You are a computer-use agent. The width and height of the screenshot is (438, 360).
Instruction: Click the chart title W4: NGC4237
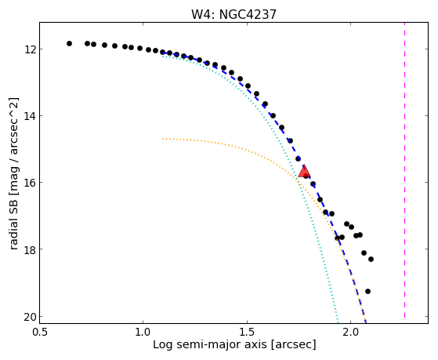click(x=233, y=14)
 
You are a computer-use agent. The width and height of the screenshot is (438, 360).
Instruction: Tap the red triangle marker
click(x=304, y=171)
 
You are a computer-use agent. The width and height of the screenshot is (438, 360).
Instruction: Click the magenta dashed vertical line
click(x=404, y=170)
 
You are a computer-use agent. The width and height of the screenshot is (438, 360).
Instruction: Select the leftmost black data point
click(x=69, y=43)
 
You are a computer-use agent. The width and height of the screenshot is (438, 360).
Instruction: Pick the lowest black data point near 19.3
click(x=368, y=291)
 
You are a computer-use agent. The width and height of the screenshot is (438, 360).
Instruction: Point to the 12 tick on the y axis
click(x=31, y=49)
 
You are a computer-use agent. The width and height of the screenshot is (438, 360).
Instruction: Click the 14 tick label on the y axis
click(x=31, y=116)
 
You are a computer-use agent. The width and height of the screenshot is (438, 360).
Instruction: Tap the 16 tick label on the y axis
click(x=31, y=183)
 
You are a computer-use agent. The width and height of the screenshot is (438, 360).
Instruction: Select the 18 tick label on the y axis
click(x=31, y=249)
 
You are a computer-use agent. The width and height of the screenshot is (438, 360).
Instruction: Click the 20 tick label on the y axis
click(x=31, y=316)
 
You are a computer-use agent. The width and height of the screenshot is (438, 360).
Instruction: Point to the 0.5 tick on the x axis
click(x=39, y=332)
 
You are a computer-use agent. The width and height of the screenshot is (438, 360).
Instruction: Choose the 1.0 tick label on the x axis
click(x=143, y=332)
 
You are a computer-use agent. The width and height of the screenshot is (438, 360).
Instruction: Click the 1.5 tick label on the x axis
click(x=247, y=332)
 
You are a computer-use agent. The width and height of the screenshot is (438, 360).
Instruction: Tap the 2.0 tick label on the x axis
click(x=350, y=332)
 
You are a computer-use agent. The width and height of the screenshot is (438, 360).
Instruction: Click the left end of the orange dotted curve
click(x=163, y=139)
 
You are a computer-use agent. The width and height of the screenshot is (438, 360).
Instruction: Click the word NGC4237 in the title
click(x=248, y=14)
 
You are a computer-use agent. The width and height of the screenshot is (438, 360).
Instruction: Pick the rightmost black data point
click(x=371, y=260)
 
